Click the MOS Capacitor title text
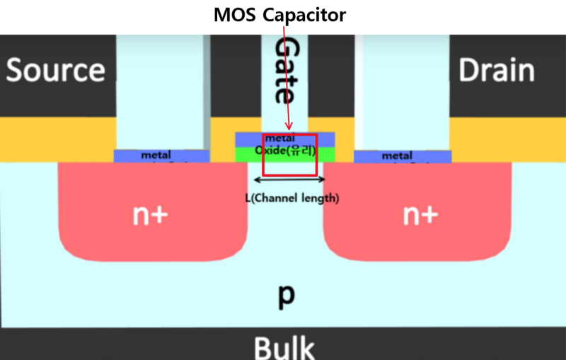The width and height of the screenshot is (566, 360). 282,14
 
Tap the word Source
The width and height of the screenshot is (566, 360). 56,71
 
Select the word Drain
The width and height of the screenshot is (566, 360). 496,71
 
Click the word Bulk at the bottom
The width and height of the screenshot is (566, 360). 283,348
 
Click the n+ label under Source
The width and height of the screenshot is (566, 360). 151,215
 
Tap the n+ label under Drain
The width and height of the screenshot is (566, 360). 420,215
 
